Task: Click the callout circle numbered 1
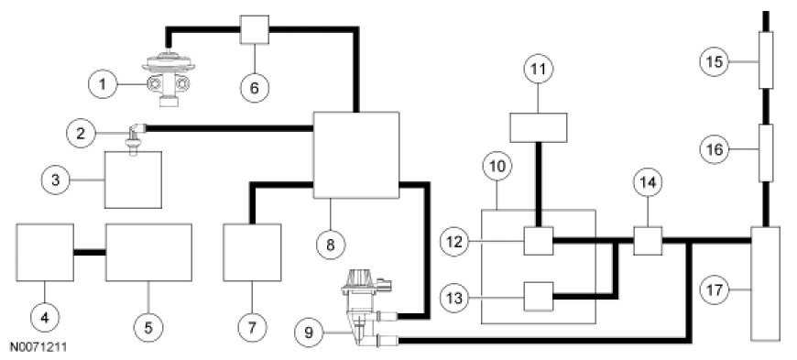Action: (x=104, y=83)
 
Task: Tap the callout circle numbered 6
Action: (x=255, y=88)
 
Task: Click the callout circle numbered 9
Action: (x=309, y=333)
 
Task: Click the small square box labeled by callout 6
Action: (x=254, y=30)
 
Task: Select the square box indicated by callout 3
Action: (x=133, y=180)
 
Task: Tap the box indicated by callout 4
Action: (x=45, y=252)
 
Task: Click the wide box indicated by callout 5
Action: (x=148, y=252)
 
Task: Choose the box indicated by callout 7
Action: (x=252, y=252)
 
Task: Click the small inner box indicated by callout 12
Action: (x=539, y=241)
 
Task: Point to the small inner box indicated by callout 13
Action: (x=539, y=296)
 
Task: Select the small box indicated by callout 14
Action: (x=648, y=241)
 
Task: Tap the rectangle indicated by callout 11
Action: (x=539, y=127)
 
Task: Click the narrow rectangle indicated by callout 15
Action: (x=766, y=60)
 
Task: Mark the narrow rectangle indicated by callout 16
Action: (x=766, y=153)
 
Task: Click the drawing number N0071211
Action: (x=38, y=348)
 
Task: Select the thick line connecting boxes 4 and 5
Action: (x=90, y=252)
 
